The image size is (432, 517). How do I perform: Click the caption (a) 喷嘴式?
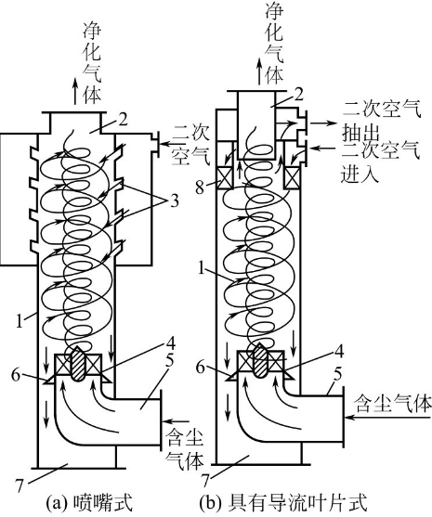[89, 503]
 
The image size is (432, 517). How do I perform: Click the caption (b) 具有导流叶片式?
[284, 503]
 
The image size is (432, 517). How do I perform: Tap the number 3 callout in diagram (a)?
[175, 200]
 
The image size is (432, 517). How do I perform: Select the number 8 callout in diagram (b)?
[200, 187]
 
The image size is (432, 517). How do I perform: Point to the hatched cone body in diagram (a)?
[79, 365]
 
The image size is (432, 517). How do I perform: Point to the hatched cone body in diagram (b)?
[261, 361]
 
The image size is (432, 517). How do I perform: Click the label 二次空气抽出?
[382, 122]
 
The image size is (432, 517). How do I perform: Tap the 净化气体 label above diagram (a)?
[92, 63]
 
